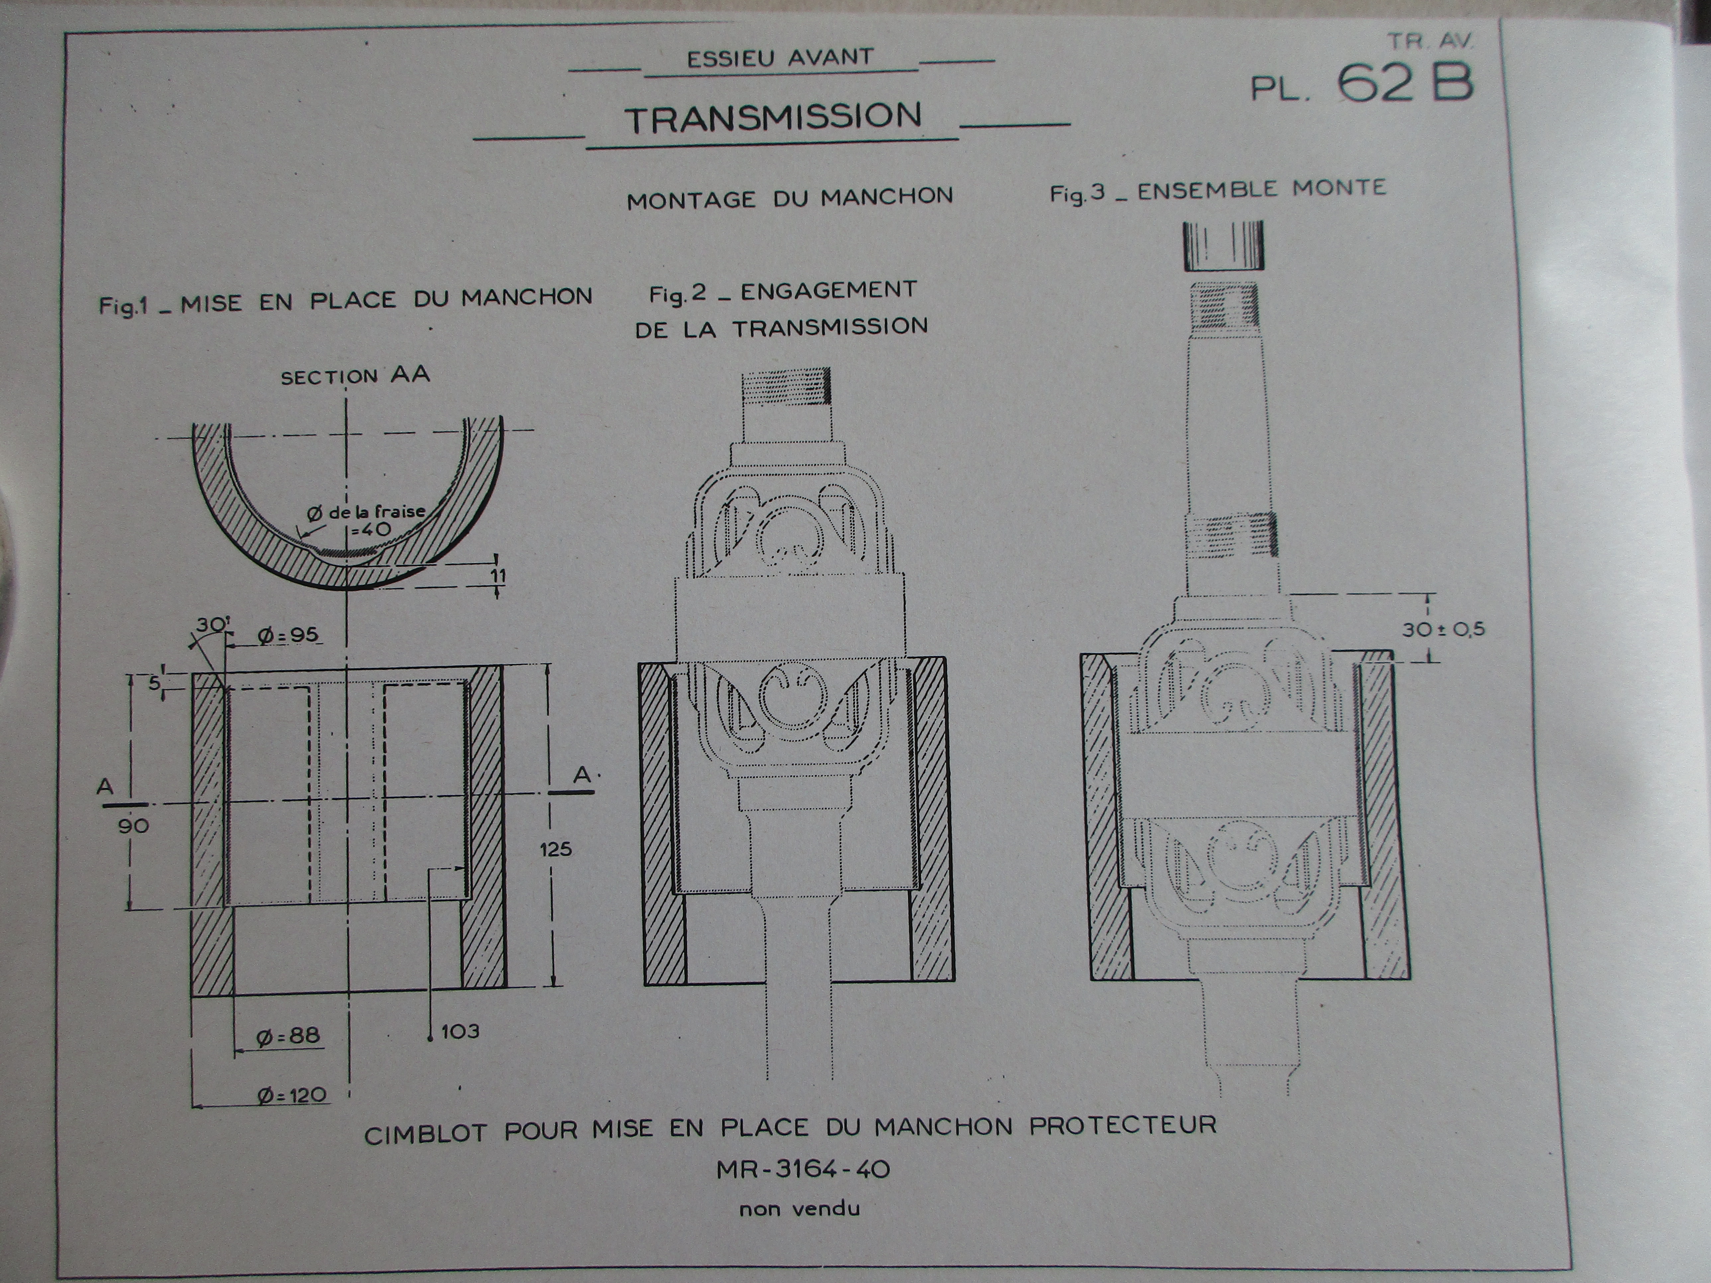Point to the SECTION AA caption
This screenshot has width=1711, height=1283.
point(355,377)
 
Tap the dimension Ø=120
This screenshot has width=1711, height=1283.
point(292,1095)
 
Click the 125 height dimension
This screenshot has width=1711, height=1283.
point(555,849)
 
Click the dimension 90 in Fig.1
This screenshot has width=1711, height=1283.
point(133,826)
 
